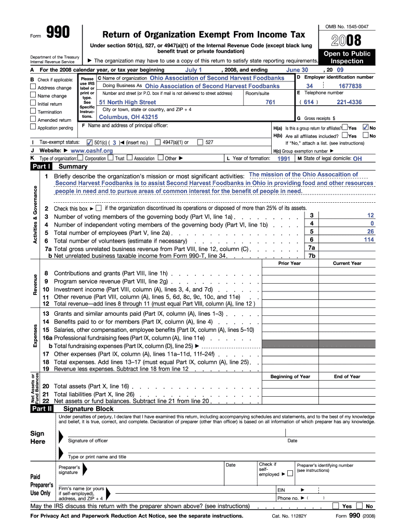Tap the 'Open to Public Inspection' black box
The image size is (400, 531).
[347, 57]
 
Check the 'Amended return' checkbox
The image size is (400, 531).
[33, 120]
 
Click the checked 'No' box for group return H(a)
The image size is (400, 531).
[365, 128]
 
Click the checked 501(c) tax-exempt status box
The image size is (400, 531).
[89, 142]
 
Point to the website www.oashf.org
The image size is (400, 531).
[91, 150]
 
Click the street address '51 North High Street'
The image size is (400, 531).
[127, 102]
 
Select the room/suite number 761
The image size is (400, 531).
[270, 102]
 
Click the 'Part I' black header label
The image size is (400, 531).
[42, 167]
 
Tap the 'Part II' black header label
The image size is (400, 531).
[42, 409]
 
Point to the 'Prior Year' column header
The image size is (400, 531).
[289, 263]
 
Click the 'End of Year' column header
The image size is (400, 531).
[347, 376]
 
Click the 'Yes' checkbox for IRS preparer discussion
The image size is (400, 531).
[336, 506]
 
